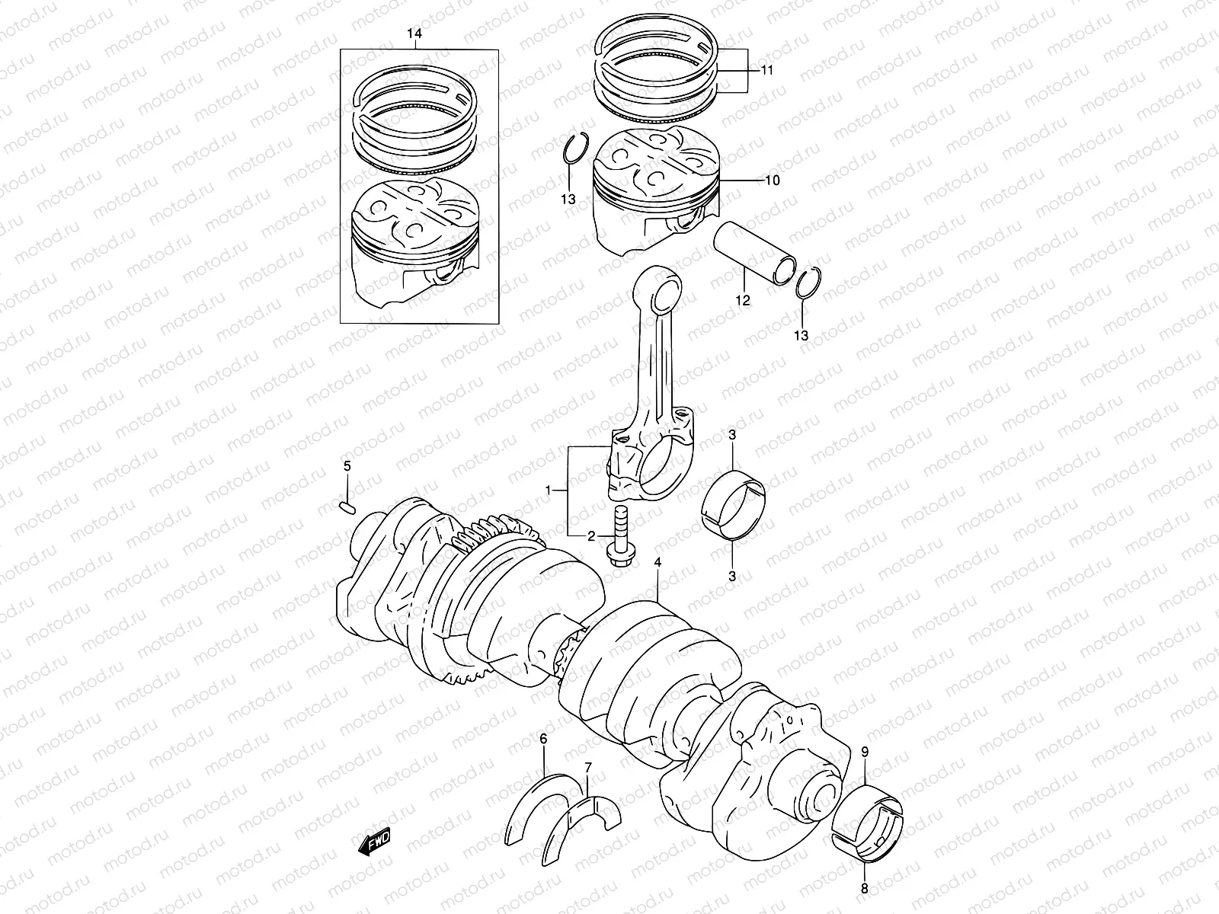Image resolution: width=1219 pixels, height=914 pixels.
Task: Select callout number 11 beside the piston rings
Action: [766, 70]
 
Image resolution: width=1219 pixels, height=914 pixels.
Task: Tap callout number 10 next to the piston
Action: [773, 181]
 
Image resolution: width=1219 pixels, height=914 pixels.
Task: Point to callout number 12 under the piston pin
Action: [743, 300]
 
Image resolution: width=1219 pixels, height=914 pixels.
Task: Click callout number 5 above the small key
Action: [346, 466]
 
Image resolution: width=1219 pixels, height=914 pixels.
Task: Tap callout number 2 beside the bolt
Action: [590, 536]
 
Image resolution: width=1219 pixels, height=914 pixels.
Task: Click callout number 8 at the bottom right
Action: [865, 887]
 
